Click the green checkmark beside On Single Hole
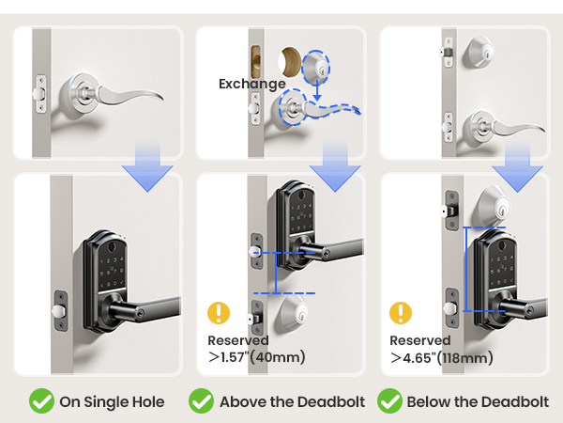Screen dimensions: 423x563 click(x=40, y=401)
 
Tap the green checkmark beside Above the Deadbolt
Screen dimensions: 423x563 click(x=201, y=401)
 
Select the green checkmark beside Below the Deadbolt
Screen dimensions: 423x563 click(x=389, y=401)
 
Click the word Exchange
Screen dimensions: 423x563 click(x=251, y=84)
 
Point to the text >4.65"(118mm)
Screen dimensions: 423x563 click(x=441, y=356)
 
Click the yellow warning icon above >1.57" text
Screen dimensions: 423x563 click(x=219, y=312)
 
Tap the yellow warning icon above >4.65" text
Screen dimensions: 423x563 click(x=402, y=312)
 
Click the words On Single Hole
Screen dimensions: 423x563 click(x=112, y=401)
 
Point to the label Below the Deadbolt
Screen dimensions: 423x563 click(x=478, y=401)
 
